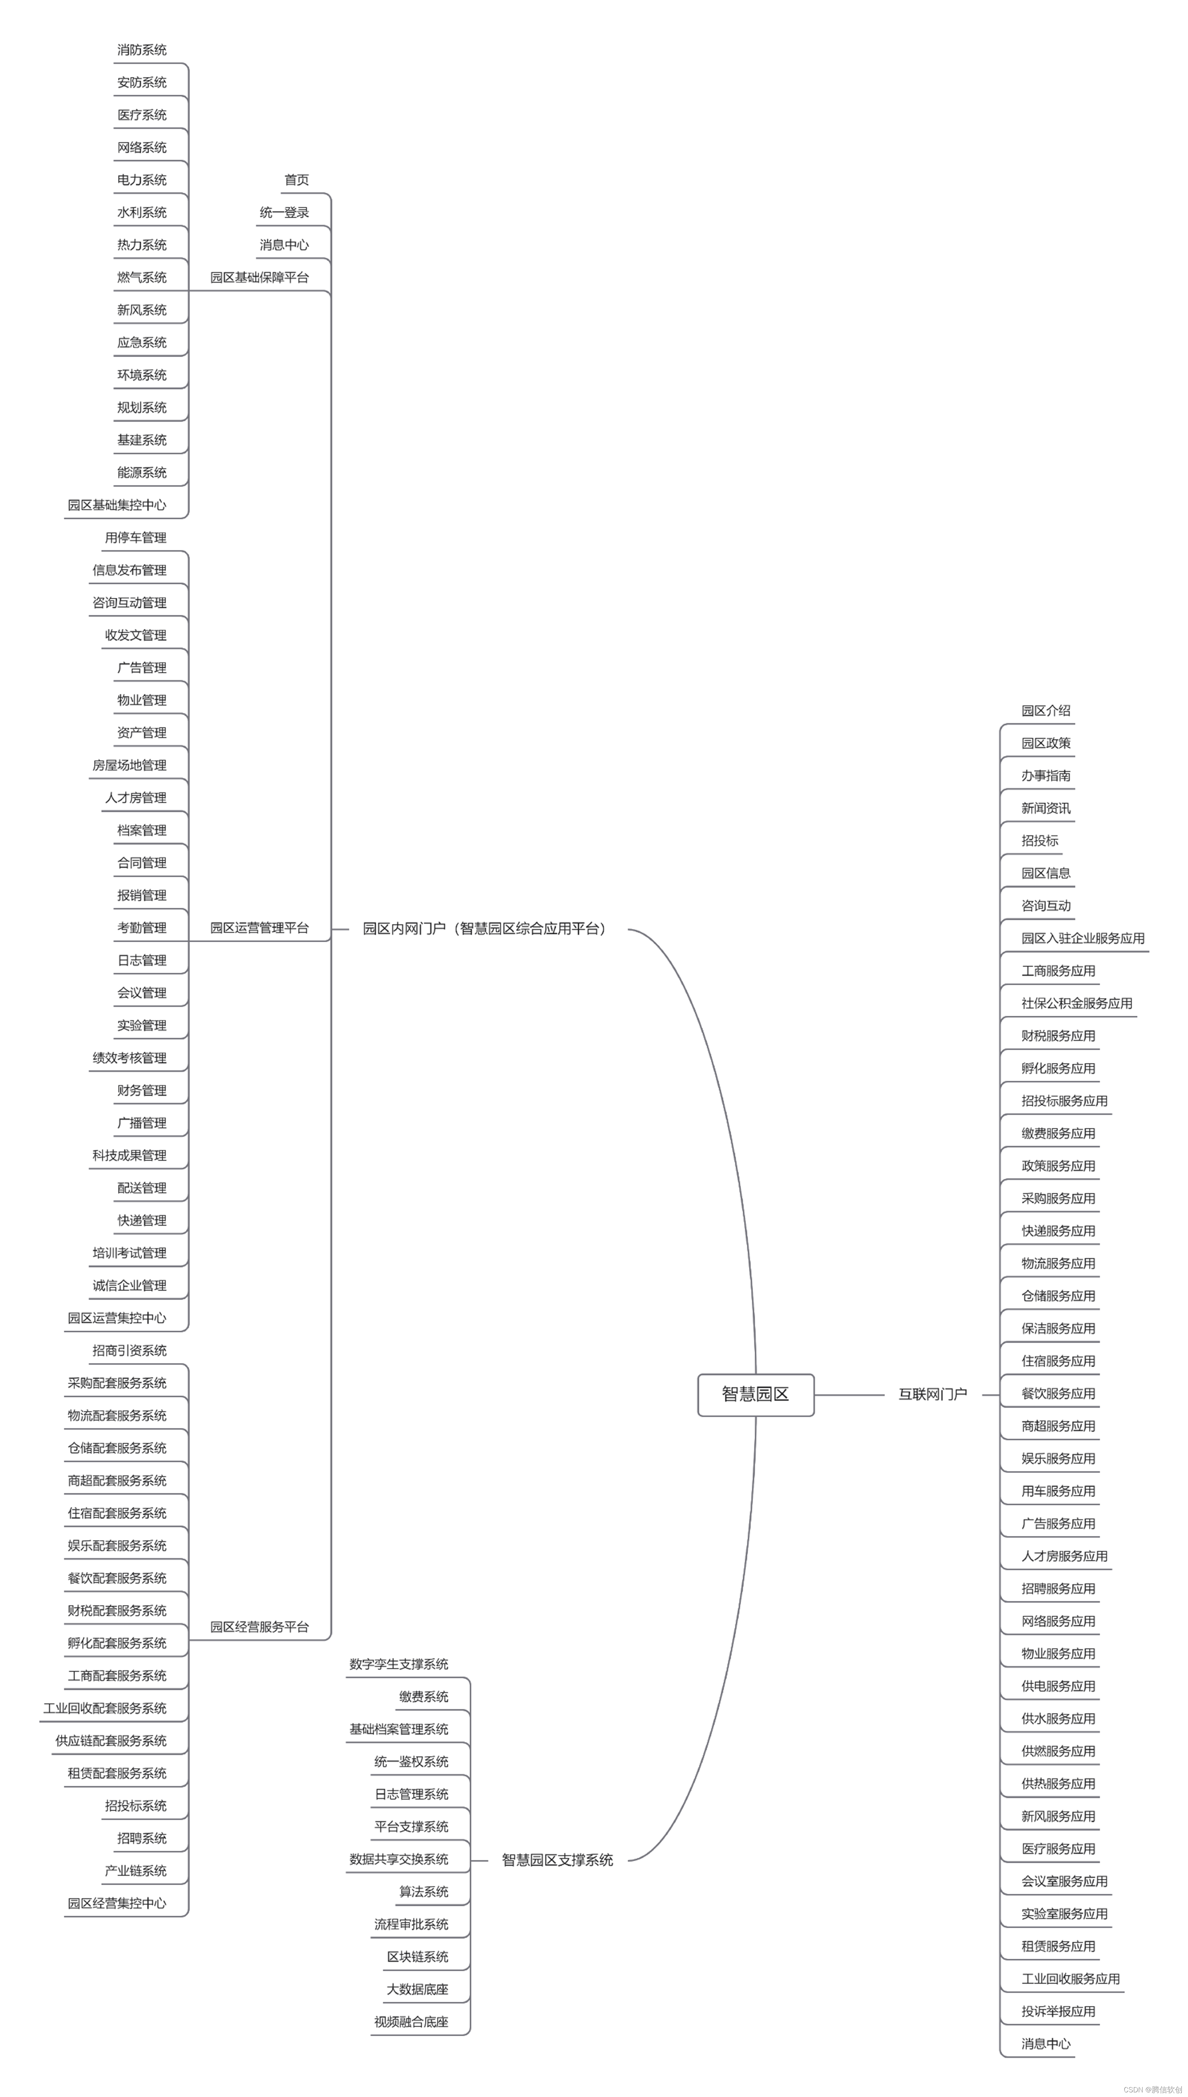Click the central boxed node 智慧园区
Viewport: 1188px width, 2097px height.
click(755, 1395)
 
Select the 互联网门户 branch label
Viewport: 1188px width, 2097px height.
click(932, 1395)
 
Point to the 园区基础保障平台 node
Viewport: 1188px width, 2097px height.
click(259, 277)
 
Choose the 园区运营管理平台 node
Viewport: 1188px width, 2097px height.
click(259, 928)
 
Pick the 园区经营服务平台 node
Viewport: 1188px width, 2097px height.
click(259, 1627)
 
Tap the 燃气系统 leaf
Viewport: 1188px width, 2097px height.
click(142, 277)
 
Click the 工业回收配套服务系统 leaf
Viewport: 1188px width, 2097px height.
click(105, 1709)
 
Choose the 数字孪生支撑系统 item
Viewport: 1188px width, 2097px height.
click(399, 1664)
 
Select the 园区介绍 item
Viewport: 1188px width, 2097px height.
click(1046, 711)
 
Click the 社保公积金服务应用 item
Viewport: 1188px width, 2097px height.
click(1077, 1004)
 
